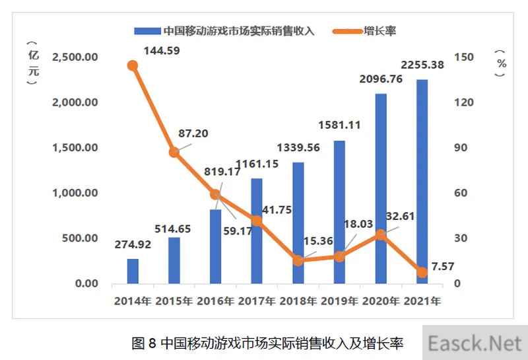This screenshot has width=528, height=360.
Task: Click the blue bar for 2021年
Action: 422,182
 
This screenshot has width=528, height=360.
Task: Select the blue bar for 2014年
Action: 133,271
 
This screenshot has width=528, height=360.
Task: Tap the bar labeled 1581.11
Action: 339,212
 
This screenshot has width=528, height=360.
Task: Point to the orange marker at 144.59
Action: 133,65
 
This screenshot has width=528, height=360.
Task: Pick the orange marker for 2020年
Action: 380,234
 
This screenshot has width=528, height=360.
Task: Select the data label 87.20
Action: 190,133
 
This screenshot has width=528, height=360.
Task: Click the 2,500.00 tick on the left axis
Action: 74,57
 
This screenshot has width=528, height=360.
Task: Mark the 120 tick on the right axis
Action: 465,102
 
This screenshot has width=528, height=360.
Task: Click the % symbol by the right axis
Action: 502,63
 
